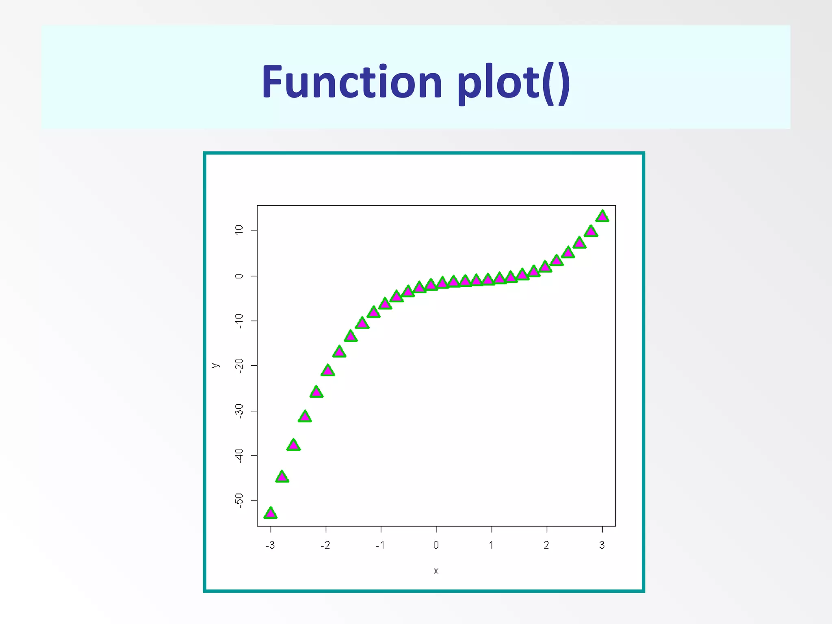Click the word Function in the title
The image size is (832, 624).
click(352, 82)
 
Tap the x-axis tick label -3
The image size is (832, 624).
click(270, 545)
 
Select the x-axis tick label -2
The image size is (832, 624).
click(325, 545)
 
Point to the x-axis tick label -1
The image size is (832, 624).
click(380, 545)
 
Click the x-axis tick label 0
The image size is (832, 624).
click(436, 545)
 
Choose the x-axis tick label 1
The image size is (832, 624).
click(491, 545)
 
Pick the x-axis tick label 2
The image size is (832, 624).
click(546, 545)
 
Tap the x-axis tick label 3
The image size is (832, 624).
click(602, 545)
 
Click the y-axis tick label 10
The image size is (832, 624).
click(239, 230)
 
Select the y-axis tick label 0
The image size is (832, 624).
click(239, 276)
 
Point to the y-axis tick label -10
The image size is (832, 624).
click(239, 321)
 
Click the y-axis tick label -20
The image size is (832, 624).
click(239, 366)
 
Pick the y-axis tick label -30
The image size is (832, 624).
click(239, 411)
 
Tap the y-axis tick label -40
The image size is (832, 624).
click(239, 455)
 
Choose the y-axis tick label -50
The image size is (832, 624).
click(239, 500)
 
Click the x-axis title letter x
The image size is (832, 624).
click(436, 571)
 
